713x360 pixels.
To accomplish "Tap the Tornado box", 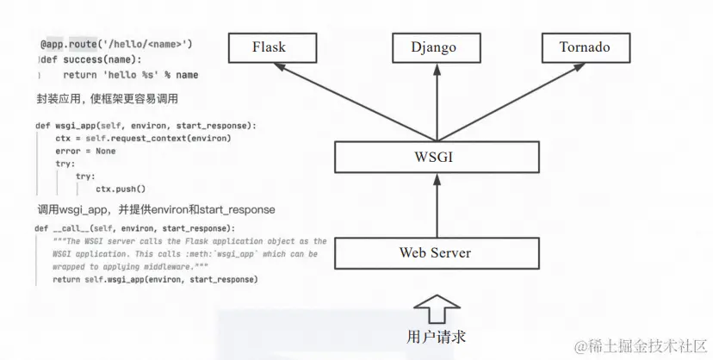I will [585, 47].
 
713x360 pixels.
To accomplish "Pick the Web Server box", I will [436, 252].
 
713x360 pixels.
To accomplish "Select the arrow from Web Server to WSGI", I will [436, 207].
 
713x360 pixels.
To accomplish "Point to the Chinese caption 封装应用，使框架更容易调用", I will [107, 98].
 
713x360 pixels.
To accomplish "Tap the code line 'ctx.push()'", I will [121, 189].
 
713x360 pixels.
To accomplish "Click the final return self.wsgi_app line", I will [155, 280].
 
